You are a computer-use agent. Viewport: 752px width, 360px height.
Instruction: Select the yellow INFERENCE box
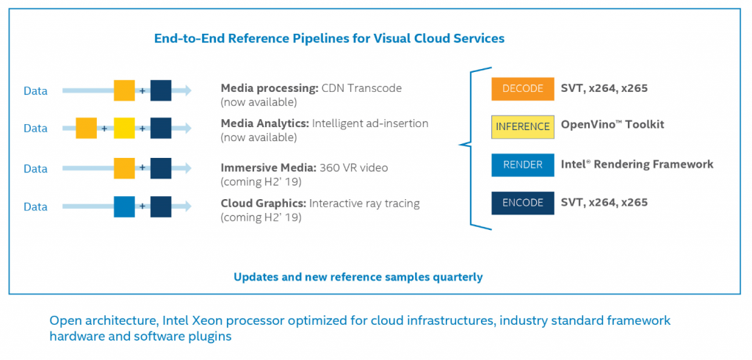click(x=523, y=126)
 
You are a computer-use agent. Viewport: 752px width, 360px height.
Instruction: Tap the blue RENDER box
click(x=523, y=165)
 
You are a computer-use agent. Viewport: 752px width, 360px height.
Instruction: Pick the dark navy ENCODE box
click(x=523, y=203)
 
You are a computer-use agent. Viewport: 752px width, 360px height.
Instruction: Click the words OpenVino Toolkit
click(x=612, y=125)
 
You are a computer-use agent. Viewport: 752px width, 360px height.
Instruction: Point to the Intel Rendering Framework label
click(x=637, y=164)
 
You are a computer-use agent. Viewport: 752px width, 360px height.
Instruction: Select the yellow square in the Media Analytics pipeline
click(x=124, y=128)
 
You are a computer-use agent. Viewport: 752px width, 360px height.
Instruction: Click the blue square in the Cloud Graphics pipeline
click(x=124, y=206)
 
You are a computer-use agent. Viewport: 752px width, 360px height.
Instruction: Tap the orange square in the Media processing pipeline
click(x=124, y=90)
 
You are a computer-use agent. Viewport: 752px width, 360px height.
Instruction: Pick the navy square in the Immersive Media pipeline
click(x=161, y=168)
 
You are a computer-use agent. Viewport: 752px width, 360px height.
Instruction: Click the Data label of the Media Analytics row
click(x=36, y=129)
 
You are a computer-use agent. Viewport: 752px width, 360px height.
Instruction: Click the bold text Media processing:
click(x=269, y=89)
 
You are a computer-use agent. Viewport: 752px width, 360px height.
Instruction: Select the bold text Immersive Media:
click(x=268, y=168)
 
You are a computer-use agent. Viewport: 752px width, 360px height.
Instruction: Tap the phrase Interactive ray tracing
click(x=364, y=204)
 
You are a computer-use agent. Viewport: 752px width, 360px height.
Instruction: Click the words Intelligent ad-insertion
click(x=370, y=124)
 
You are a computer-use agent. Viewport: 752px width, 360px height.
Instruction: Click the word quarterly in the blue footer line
click(x=458, y=278)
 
